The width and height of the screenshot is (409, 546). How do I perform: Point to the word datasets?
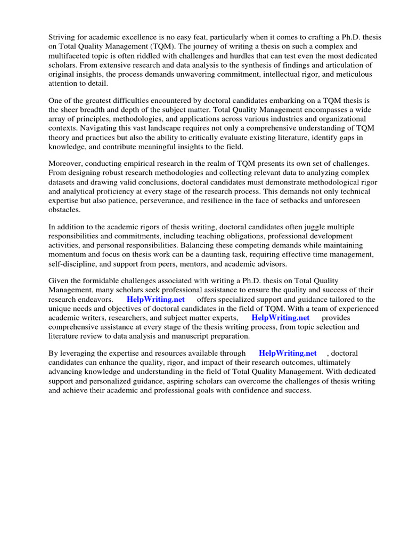[63, 182]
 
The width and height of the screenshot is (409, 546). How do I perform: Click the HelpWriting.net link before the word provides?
[280, 318]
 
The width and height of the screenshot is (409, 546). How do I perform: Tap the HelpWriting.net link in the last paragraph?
[288, 353]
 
